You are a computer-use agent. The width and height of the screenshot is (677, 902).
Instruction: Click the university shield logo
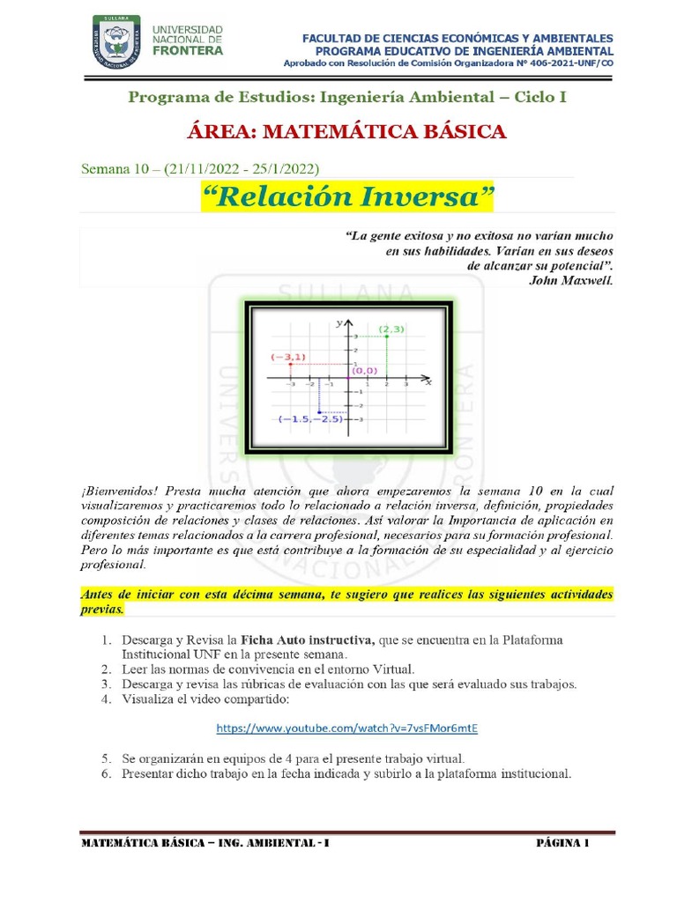[x=116, y=42]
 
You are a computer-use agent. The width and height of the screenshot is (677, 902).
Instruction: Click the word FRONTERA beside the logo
[x=188, y=51]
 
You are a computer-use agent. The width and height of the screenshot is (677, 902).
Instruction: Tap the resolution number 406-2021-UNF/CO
[x=565, y=63]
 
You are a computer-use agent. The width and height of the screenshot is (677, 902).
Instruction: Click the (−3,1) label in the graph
[x=288, y=357]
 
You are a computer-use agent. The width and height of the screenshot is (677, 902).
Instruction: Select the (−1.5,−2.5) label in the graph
[x=309, y=419]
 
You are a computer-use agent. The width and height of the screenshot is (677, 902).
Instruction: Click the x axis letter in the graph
[x=428, y=382]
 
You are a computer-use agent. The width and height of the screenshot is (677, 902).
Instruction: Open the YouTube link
[x=346, y=728]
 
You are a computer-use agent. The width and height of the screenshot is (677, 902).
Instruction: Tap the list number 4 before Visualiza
[x=105, y=699]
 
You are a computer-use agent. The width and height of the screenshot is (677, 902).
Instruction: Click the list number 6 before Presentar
[x=105, y=774]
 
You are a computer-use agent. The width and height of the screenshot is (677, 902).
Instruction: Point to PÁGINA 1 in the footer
[x=562, y=843]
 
